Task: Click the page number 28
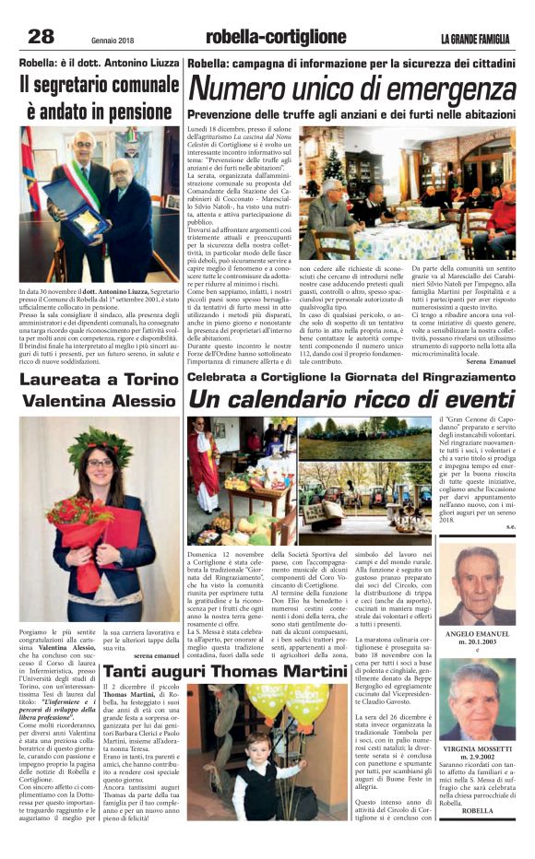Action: point(42,38)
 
